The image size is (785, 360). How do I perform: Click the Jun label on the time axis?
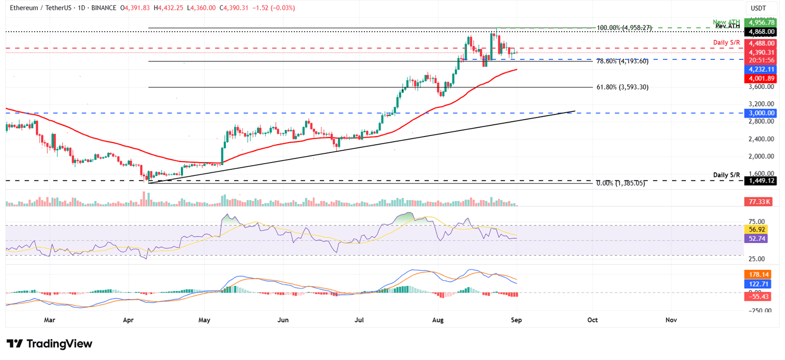[x=283, y=320]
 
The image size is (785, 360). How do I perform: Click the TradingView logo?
[x=50, y=344]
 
